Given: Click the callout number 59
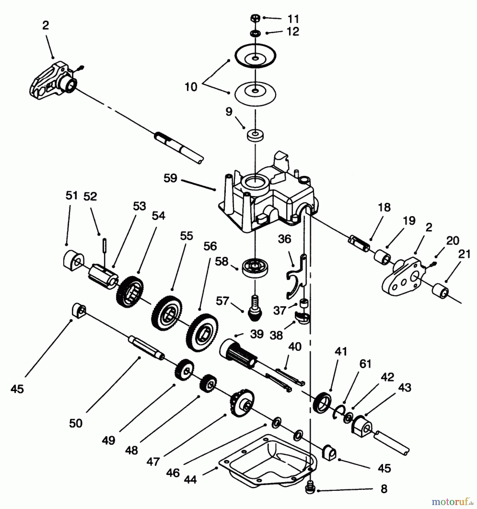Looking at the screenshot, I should coord(170,179).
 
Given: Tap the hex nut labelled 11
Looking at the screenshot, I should coord(255,18).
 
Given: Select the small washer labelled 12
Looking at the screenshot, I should coord(255,34).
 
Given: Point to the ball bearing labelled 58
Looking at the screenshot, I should coord(255,267).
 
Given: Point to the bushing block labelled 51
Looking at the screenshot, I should coord(72,260).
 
